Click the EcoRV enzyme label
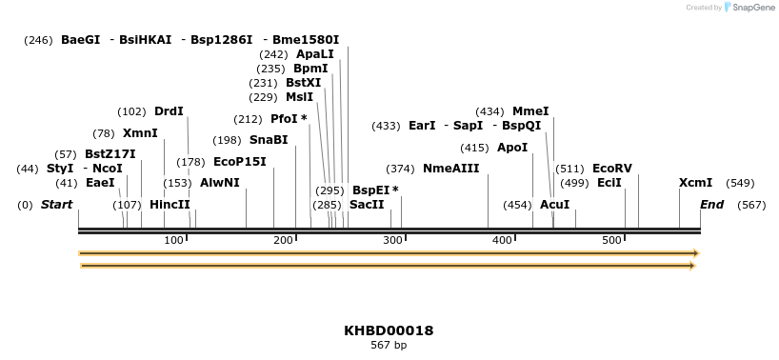click(611, 169)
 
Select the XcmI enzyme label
click(695, 183)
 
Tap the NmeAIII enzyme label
click(450, 169)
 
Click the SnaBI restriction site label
click(269, 140)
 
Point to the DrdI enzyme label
click(169, 111)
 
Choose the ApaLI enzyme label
click(315, 54)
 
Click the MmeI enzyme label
click(530, 111)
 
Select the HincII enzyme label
click(170, 205)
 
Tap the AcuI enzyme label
click(554, 205)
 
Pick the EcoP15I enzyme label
click(240, 162)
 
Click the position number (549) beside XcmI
click(740, 183)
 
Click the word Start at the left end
click(56, 205)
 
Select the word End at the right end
click(711, 205)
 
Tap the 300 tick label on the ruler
click(393, 240)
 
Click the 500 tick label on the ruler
click(611, 240)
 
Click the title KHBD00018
click(389, 330)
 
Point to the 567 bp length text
click(389, 346)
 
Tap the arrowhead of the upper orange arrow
click(696, 253)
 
